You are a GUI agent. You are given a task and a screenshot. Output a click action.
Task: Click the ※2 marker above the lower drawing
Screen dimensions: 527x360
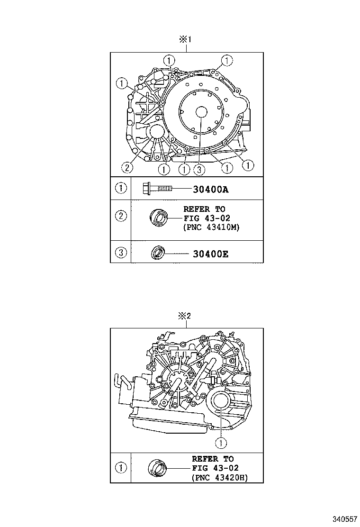tap(184, 316)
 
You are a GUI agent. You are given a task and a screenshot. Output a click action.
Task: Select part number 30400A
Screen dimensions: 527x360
tap(211, 190)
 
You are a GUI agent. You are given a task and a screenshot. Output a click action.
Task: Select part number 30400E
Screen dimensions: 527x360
tap(211, 254)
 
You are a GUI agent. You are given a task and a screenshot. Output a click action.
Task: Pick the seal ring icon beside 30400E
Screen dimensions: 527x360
tap(158, 254)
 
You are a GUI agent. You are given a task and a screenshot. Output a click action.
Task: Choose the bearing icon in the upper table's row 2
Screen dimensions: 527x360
tap(159, 218)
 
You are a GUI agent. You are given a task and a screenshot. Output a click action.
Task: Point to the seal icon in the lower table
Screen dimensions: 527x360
tap(158, 468)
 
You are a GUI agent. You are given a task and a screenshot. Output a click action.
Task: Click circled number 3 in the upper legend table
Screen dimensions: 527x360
tap(121, 254)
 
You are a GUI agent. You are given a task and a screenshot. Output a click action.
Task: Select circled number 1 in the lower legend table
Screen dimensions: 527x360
tap(121, 468)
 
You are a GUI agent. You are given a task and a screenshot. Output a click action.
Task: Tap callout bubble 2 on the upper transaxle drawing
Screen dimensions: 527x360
tap(126, 167)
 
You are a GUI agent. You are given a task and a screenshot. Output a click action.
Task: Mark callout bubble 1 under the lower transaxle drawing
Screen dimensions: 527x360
tap(220, 443)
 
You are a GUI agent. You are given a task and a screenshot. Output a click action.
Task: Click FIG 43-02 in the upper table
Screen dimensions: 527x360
tap(205, 218)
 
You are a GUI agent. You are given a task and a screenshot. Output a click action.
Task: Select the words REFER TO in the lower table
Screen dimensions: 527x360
tap(213, 459)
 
